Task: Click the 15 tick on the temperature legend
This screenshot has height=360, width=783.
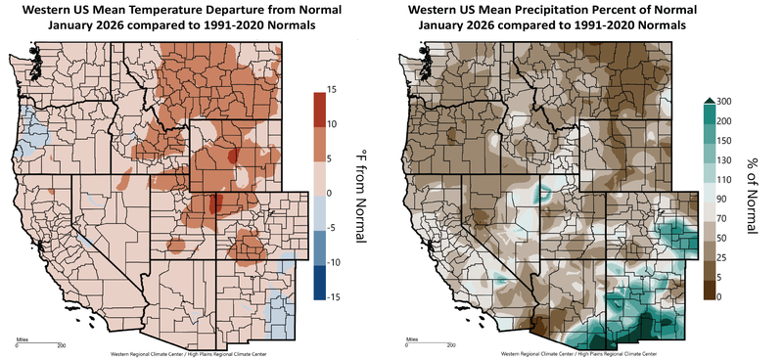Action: click(333, 90)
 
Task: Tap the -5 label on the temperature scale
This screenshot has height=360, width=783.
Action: click(333, 228)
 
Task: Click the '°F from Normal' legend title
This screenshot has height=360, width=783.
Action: click(359, 194)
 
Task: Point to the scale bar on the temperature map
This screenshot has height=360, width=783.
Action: click(39, 344)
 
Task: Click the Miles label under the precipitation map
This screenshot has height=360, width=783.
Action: click(411, 338)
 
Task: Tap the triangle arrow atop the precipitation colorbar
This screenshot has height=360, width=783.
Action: click(707, 98)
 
